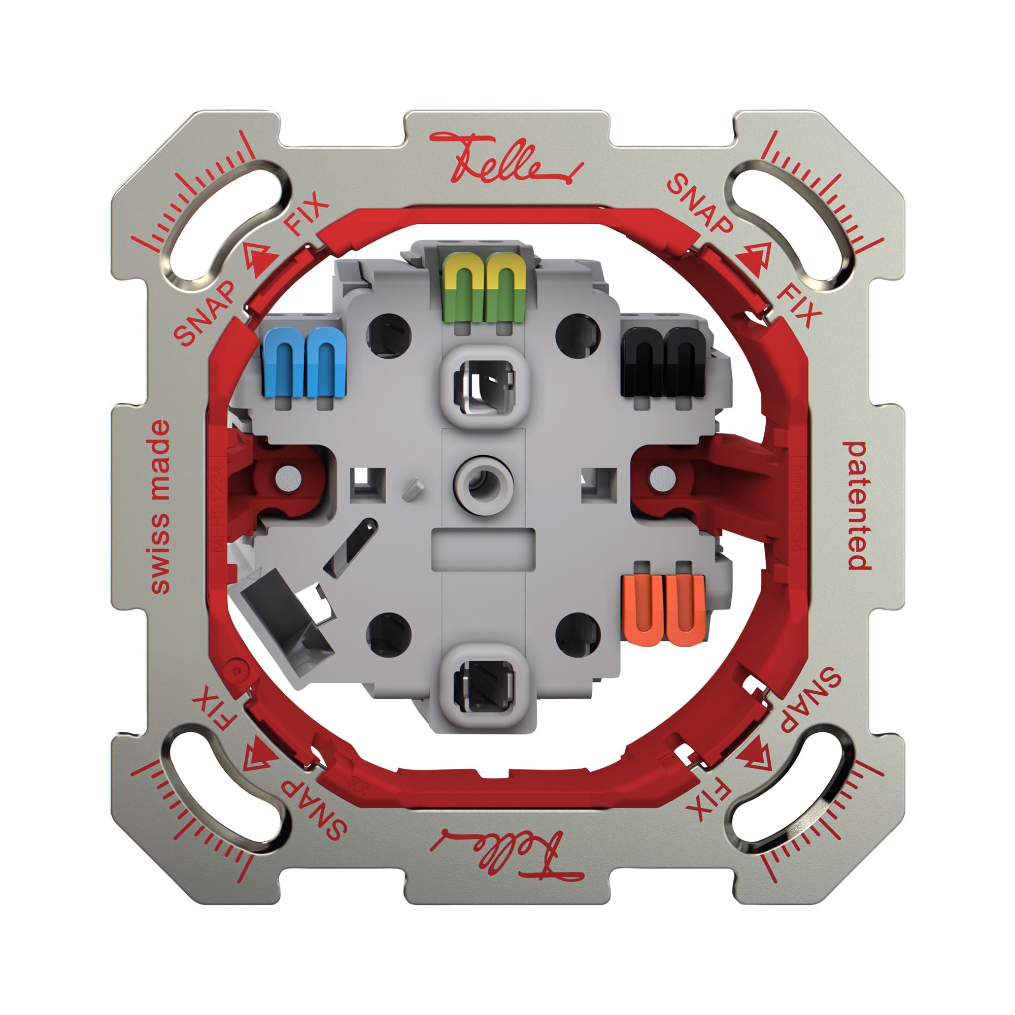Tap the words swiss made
point(161,507)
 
